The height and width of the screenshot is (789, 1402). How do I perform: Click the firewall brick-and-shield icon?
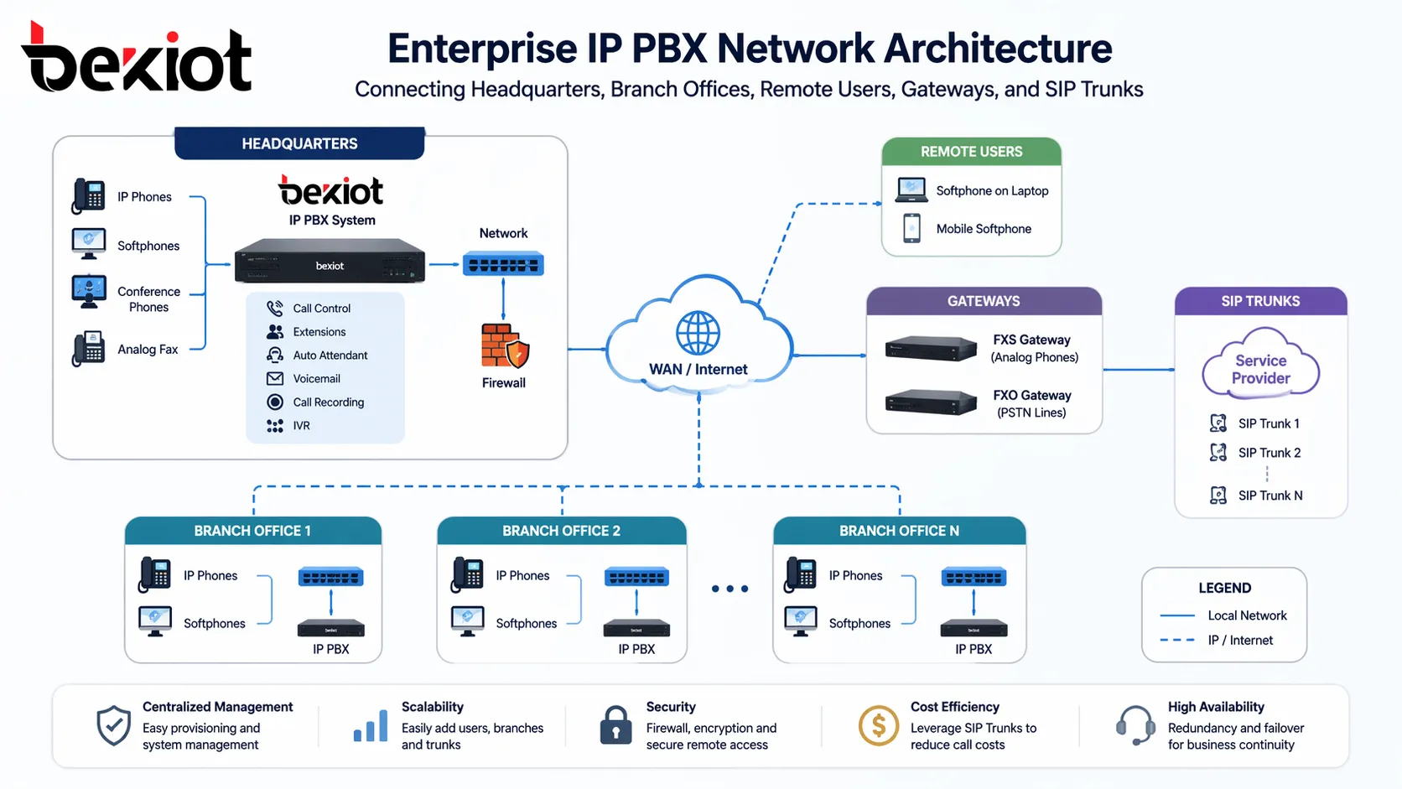pyautogui.click(x=504, y=345)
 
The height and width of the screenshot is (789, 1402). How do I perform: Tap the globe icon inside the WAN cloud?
pyautogui.click(x=698, y=333)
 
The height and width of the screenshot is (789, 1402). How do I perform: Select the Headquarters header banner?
pyautogui.click(x=299, y=143)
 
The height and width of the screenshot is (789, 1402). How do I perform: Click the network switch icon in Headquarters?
pyautogui.click(x=503, y=265)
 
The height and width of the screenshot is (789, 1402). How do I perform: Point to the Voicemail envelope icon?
pyautogui.click(x=275, y=379)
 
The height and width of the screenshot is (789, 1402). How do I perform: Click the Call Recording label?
pyautogui.click(x=328, y=402)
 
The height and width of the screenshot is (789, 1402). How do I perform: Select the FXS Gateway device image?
pyautogui.click(x=931, y=348)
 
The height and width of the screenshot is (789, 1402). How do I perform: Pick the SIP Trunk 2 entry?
pyautogui.click(x=1269, y=453)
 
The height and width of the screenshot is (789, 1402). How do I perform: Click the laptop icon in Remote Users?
pyautogui.click(x=911, y=190)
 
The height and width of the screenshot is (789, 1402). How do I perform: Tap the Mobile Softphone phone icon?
pyautogui.click(x=911, y=228)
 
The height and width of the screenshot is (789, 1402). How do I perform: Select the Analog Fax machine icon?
pyautogui.click(x=89, y=349)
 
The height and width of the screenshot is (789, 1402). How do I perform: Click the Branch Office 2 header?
pyautogui.click(x=561, y=531)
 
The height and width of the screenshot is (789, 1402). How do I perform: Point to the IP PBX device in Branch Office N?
pyautogui.click(x=974, y=628)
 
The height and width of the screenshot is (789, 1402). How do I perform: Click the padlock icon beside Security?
pyautogui.click(x=615, y=725)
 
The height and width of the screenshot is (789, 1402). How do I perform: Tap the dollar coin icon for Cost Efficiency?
pyautogui.click(x=878, y=725)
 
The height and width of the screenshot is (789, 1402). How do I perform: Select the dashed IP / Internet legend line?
pyautogui.click(x=1177, y=640)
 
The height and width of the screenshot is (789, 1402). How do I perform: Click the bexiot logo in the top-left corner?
pyautogui.click(x=136, y=59)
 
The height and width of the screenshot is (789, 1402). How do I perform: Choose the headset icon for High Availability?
pyautogui.click(x=1136, y=725)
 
